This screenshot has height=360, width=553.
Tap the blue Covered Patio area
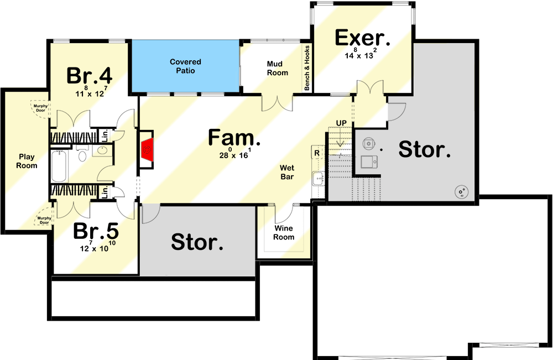(x=185, y=66)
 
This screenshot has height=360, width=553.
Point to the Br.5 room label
(x=96, y=231)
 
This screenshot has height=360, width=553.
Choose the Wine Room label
(x=284, y=232)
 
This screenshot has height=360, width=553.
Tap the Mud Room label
(x=278, y=68)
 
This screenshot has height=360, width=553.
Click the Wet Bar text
(x=286, y=172)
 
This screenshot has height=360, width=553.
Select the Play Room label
(x=27, y=161)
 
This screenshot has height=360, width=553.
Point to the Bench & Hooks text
(x=307, y=67)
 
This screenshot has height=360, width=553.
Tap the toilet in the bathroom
(x=82, y=154)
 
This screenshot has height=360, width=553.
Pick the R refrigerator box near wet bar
(x=317, y=153)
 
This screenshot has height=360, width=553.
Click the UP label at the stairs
(x=341, y=122)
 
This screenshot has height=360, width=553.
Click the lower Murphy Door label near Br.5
(x=44, y=220)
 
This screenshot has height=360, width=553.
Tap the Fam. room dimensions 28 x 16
(x=235, y=154)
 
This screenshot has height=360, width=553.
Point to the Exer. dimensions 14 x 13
(x=362, y=55)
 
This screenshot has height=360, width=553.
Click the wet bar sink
(x=317, y=178)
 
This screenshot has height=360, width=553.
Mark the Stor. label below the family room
(x=197, y=241)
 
